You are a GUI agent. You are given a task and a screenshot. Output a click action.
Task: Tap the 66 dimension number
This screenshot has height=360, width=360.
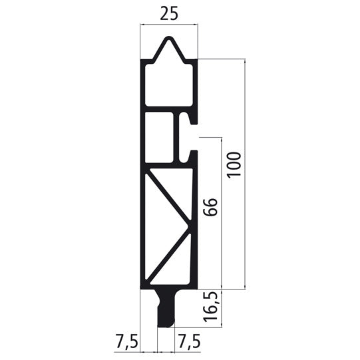point(209,210)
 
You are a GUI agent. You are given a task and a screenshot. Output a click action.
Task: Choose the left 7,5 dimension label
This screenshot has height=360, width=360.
point(126,343)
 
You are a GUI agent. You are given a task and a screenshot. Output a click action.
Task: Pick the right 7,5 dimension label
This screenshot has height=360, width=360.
point(188,343)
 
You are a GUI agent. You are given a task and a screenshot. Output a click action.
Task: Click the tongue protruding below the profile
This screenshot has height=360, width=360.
point(166,309)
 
